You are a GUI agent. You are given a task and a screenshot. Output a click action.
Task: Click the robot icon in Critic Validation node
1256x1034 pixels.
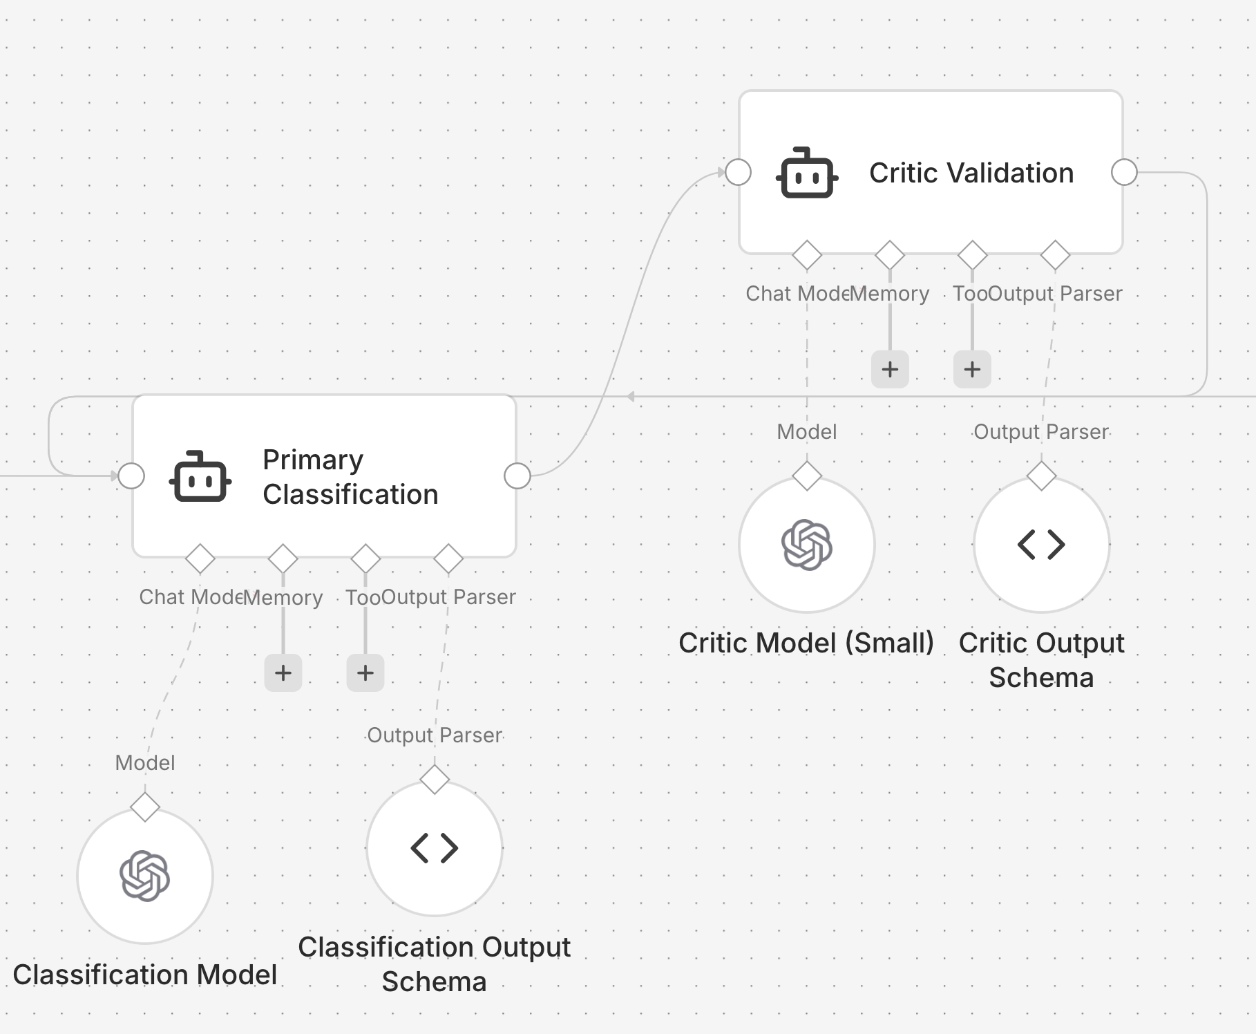(x=806, y=173)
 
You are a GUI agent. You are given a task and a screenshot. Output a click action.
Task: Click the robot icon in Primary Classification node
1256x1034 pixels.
(x=200, y=476)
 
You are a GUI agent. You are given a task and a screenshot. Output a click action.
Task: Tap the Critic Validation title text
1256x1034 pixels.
(x=971, y=173)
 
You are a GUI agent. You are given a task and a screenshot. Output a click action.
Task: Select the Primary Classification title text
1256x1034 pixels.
(x=350, y=477)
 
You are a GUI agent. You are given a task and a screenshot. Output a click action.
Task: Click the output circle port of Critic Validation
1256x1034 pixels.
(x=1124, y=172)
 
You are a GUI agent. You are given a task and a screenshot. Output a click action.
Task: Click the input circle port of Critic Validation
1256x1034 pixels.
(x=738, y=172)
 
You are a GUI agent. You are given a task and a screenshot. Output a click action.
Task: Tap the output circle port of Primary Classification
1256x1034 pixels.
(x=517, y=476)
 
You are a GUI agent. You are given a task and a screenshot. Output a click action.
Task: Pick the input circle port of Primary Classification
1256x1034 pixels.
(x=131, y=476)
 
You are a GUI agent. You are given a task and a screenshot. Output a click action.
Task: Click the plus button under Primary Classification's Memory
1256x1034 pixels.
(x=283, y=673)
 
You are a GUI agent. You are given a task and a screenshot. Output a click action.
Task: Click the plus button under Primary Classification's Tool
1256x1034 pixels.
(x=365, y=673)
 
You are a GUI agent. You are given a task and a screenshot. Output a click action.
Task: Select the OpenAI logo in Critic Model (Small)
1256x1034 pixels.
(x=806, y=545)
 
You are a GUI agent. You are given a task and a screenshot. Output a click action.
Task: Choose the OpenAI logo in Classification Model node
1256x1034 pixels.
(x=144, y=876)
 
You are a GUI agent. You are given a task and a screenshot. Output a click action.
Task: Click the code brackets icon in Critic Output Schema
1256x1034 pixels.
(x=1041, y=545)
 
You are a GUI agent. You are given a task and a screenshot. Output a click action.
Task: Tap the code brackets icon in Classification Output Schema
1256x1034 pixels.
(x=434, y=848)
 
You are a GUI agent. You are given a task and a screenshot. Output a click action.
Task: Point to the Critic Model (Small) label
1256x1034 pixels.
(x=806, y=643)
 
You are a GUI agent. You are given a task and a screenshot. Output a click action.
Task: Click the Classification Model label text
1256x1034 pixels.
(x=144, y=975)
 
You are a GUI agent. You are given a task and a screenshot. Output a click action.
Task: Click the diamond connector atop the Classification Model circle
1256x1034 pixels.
(x=144, y=807)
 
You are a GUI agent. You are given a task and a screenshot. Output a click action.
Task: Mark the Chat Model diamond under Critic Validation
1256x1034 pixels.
(x=806, y=255)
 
